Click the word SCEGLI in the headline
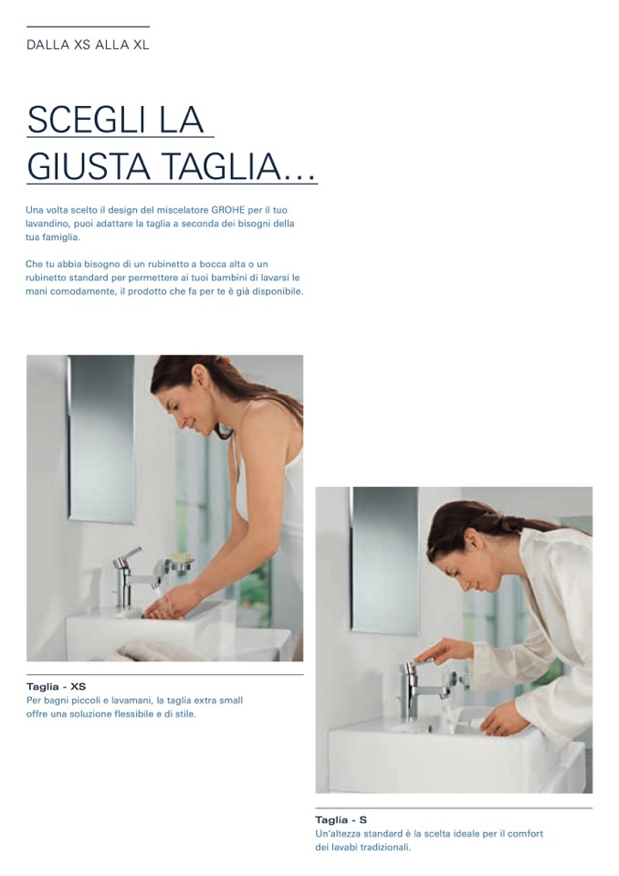84,119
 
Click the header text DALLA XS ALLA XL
88,45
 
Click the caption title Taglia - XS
56,686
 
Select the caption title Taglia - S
341,820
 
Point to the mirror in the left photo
101,439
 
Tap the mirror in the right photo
385,561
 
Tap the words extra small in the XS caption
219,701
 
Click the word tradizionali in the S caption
385,848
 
